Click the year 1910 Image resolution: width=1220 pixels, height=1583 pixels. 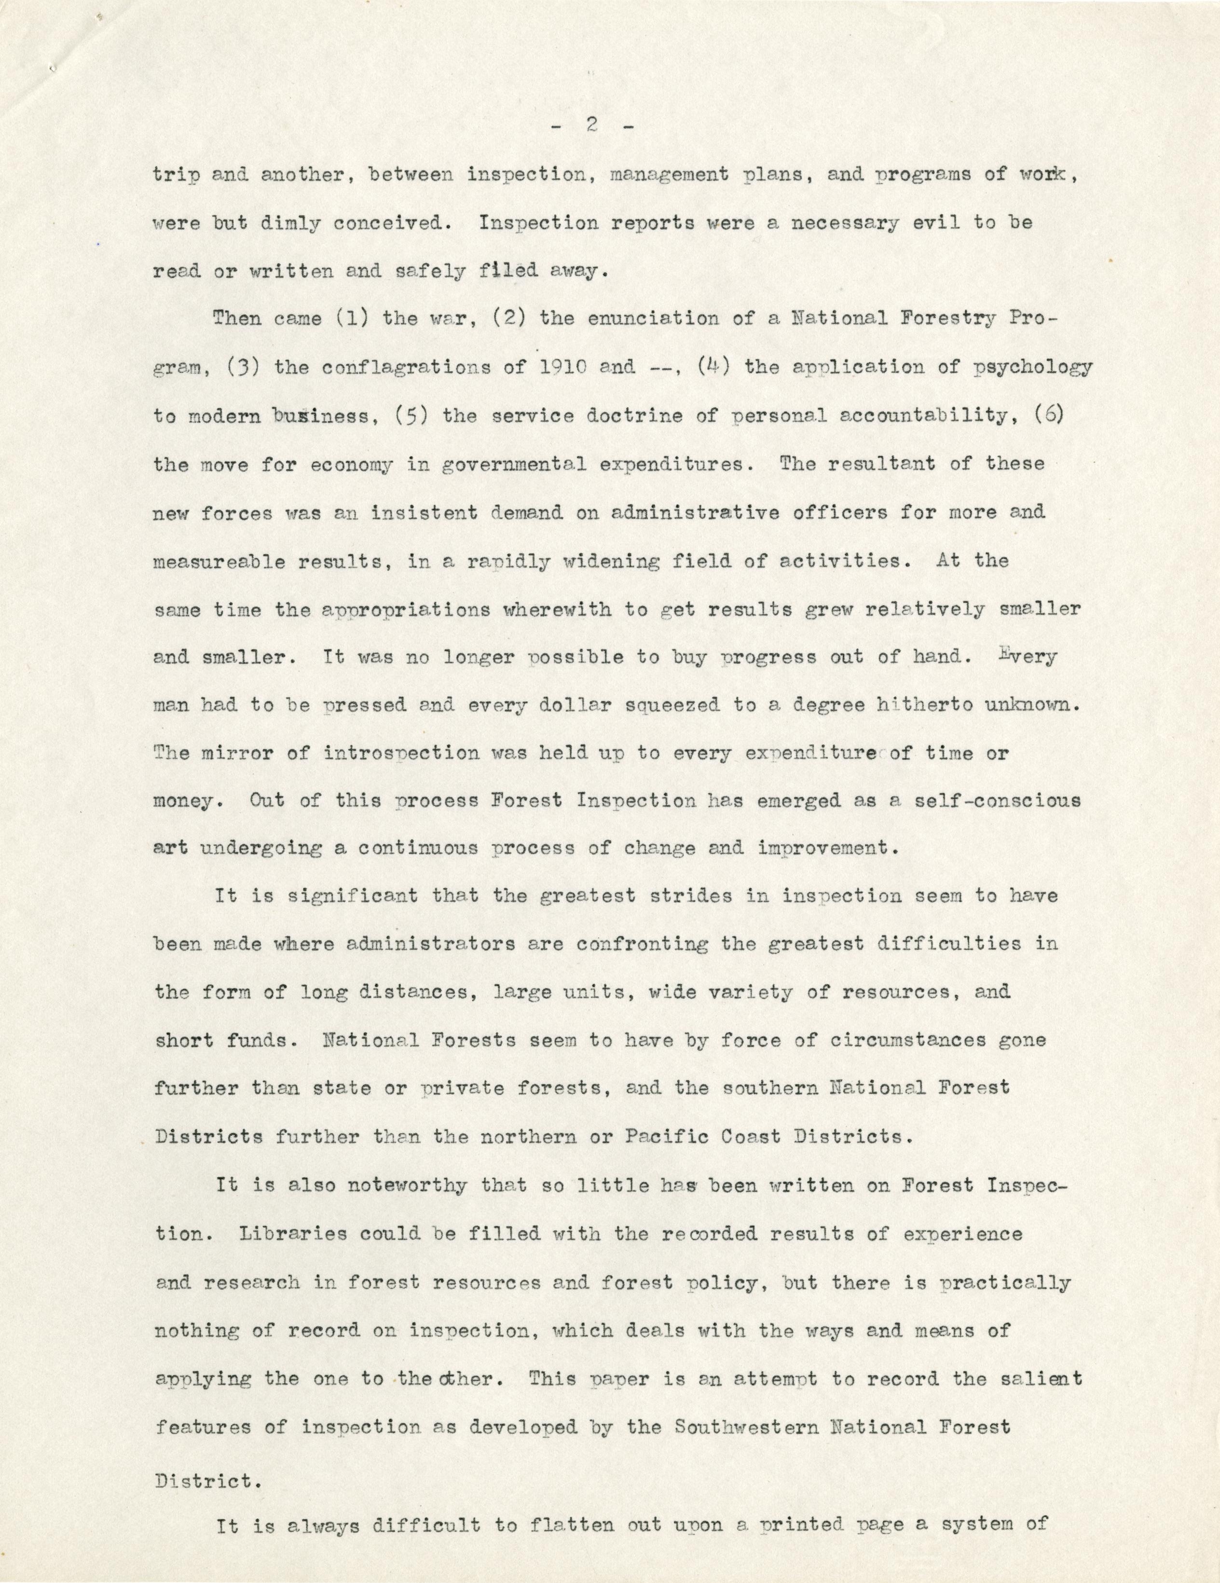point(561,368)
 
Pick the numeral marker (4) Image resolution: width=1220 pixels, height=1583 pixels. point(711,368)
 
